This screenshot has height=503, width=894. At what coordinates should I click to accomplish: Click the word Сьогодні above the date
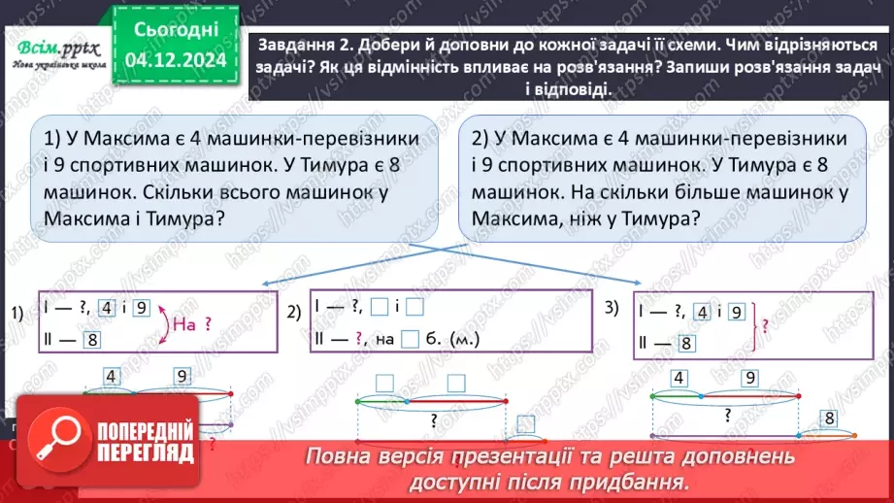(x=175, y=30)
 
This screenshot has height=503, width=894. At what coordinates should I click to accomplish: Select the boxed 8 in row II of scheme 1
(x=92, y=339)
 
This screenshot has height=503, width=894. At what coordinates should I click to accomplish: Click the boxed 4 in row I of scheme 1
(x=108, y=310)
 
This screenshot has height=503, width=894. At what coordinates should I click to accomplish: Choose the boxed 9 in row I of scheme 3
(x=735, y=312)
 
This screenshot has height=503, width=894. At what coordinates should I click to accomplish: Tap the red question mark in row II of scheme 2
(x=358, y=339)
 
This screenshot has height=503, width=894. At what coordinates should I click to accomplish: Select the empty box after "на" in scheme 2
(x=410, y=339)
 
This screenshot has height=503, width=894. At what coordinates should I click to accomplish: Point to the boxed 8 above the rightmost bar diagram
(x=828, y=419)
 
